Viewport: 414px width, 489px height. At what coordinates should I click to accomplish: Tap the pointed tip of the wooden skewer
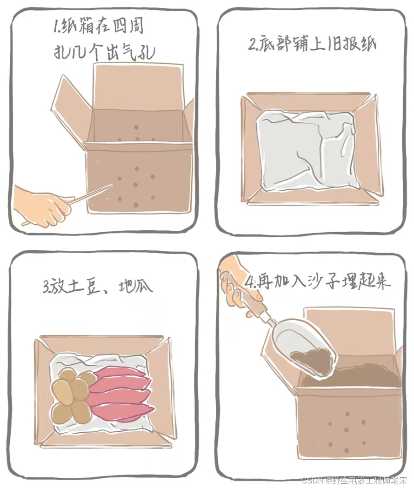[x=112, y=185]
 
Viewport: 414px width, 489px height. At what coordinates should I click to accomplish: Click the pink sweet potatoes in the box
[x=121, y=391]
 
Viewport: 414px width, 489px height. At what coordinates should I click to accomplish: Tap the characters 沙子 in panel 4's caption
[x=321, y=281]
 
